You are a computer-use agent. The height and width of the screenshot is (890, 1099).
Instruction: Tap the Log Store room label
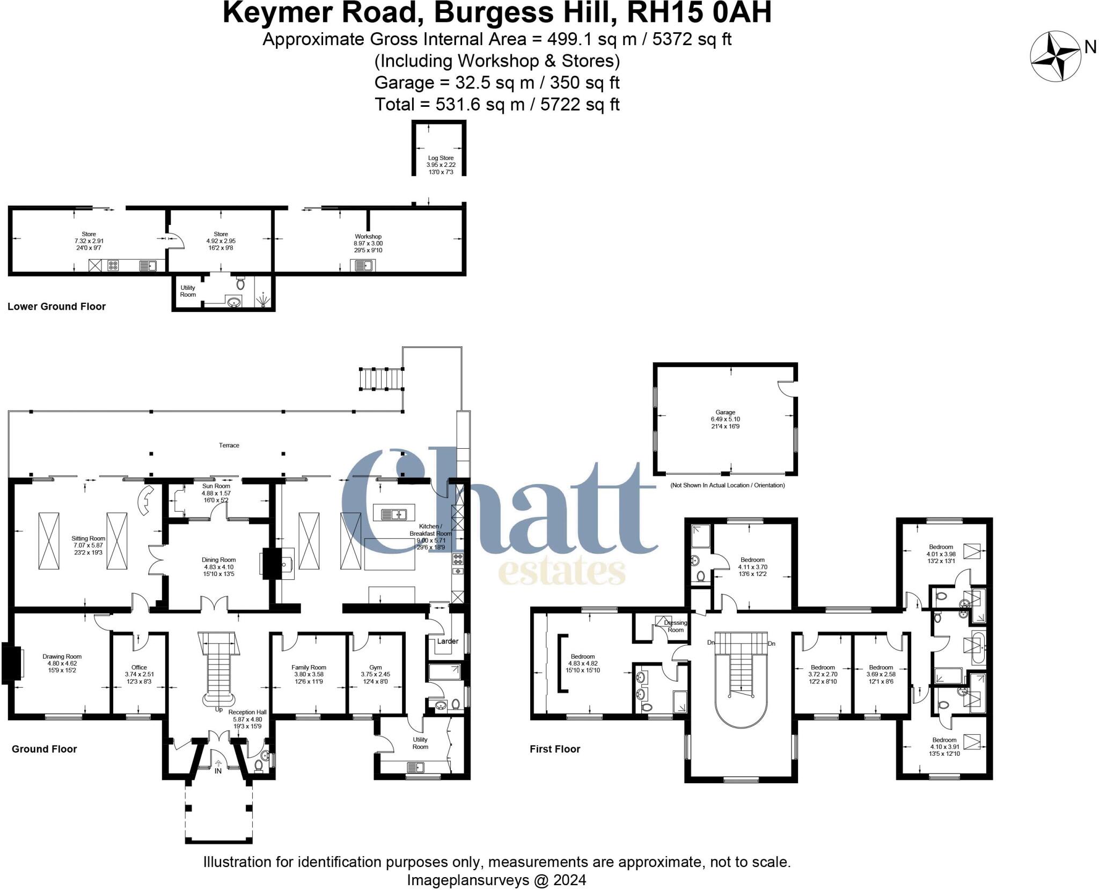(441, 158)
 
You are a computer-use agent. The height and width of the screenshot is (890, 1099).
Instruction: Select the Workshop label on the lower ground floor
(368, 237)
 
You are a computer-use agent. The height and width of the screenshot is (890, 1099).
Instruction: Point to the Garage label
(725, 412)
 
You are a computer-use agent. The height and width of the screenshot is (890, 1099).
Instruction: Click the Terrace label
(229, 445)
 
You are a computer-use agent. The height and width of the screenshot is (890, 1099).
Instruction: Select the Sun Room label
(216, 486)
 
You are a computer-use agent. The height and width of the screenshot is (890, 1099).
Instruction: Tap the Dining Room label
(218, 560)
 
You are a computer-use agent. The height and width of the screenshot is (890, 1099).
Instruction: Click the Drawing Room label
(62, 656)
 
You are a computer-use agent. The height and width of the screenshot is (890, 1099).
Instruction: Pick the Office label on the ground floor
(139, 667)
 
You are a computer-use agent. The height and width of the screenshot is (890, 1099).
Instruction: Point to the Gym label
(376, 667)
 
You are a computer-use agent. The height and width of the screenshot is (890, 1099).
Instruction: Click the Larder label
(448, 641)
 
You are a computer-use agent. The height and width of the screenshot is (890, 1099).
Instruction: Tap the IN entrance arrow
(218, 764)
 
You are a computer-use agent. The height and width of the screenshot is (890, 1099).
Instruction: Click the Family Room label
(309, 667)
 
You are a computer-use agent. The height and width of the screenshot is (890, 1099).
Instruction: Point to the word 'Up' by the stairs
(218, 709)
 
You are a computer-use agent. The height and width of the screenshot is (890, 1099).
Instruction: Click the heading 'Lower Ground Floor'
(56, 307)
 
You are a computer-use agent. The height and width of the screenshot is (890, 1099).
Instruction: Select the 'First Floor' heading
(555, 749)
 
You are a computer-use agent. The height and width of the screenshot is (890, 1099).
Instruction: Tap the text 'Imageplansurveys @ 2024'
(496, 880)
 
